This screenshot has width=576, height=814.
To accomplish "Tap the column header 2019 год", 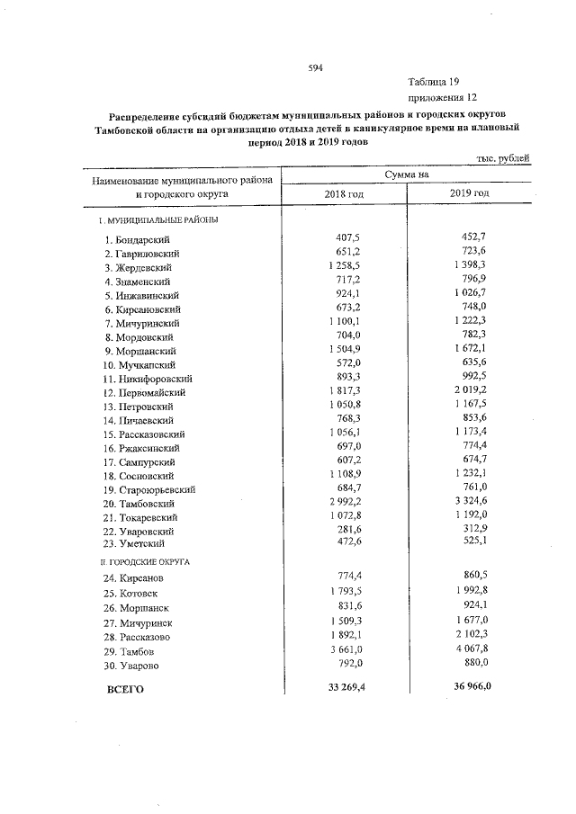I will [469, 193].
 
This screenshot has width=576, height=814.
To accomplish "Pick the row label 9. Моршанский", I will [139, 351].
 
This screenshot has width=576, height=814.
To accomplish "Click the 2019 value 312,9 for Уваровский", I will [472, 531].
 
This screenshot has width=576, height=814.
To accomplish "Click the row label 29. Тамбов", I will [130, 650].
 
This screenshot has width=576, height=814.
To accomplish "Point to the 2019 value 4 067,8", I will [467, 649].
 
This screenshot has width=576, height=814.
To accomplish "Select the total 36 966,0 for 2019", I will [464, 689].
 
